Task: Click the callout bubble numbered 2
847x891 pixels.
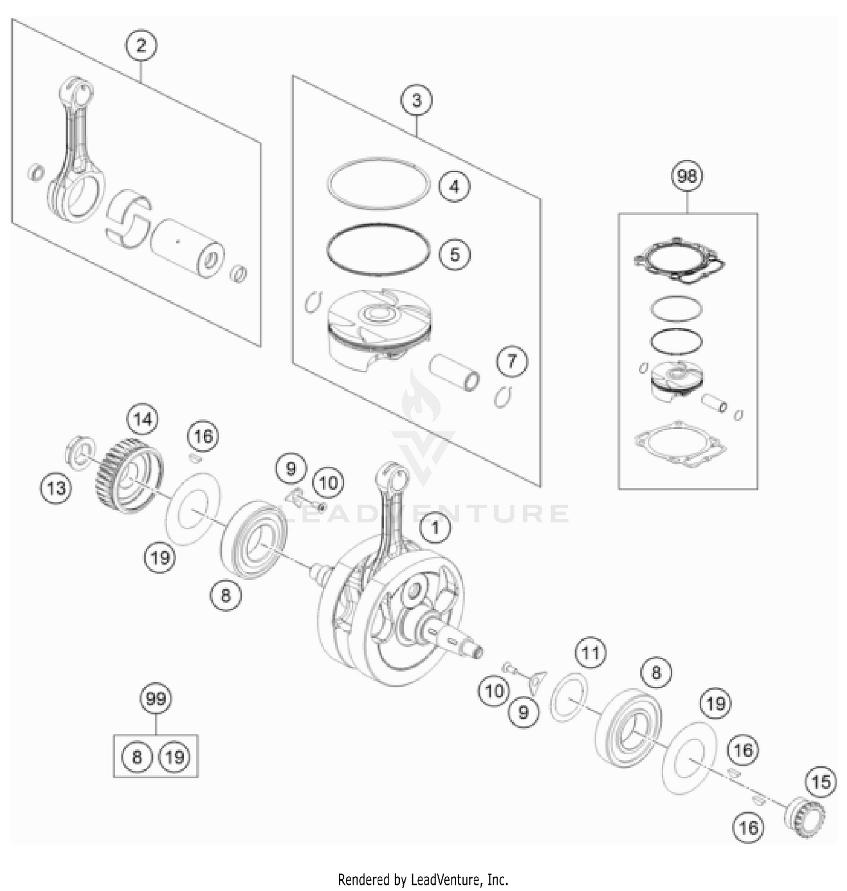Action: point(141,45)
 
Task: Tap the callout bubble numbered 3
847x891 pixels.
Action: point(417,101)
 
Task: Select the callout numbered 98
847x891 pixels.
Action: point(687,176)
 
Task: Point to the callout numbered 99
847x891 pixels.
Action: point(156,699)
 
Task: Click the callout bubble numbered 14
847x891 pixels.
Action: point(143,420)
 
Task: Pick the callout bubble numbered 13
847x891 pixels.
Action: point(56,488)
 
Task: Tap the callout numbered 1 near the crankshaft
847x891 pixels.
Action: point(435,529)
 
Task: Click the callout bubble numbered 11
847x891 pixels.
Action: point(590,653)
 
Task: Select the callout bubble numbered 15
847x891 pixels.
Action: point(820,782)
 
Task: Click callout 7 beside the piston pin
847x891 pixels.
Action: point(512,361)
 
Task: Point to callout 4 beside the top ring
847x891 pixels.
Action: point(455,186)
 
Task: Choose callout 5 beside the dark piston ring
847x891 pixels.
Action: point(455,255)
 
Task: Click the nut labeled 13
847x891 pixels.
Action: point(79,451)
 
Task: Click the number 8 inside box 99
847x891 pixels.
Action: point(137,757)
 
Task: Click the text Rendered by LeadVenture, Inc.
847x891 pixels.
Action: point(423,879)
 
